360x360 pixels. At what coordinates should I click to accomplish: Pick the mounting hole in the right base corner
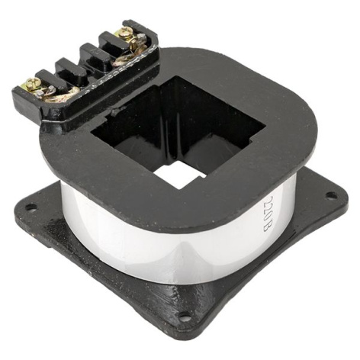coord(331,194)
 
